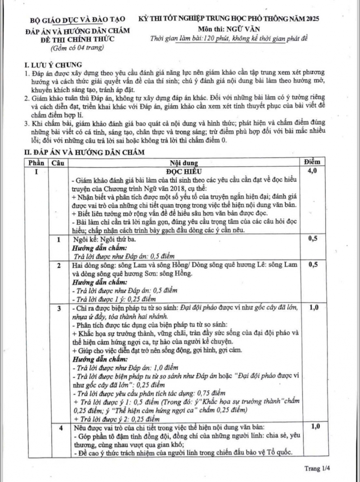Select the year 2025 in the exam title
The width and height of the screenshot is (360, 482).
[312, 19]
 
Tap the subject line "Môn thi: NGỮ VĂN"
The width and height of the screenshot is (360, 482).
[229, 30]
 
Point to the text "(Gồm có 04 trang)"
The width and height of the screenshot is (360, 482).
[77, 48]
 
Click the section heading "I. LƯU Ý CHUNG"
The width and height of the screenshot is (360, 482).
[53, 65]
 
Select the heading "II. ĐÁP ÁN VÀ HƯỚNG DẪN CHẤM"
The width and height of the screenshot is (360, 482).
[84, 152]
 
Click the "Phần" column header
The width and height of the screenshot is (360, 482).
[36, 163]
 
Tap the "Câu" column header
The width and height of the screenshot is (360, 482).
[58, 163]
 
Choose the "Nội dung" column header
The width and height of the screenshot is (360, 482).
[184, 163]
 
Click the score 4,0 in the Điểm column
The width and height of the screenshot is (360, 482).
[312, 171]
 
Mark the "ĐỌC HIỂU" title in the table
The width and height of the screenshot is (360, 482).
[184, 171]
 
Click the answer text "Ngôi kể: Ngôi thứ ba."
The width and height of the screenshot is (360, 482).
[104, 240]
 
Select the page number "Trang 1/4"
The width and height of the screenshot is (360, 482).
[317, 468]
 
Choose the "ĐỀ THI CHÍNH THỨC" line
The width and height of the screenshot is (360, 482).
[78, 39]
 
